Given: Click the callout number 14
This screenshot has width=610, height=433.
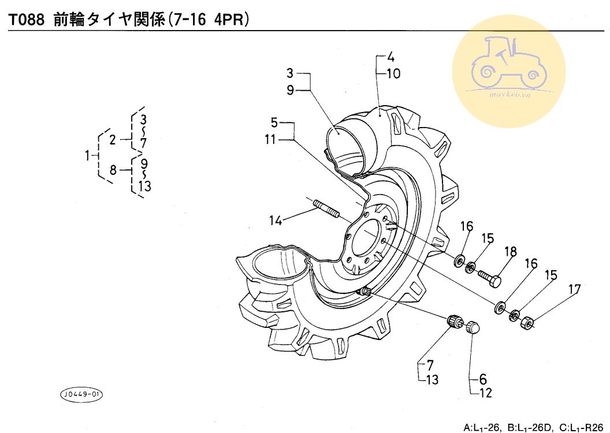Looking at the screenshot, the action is [x=276, y=221].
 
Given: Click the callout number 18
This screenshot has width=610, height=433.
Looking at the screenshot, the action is [x=511, y=252].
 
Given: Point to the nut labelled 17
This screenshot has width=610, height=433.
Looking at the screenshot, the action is [x=526, y=322].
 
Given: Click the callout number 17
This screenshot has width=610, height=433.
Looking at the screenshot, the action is [x=575, y=289].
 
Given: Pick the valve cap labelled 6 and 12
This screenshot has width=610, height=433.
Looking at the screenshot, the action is [x=473, y=327].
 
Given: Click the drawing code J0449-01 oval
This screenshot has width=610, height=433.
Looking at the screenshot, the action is [x=81, y=394].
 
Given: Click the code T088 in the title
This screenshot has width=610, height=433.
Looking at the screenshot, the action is [x=27, y=20].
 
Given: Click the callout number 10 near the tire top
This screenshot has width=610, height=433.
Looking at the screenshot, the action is [x=394, y=73].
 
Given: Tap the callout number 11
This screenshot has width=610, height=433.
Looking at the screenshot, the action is [x=270, y=139].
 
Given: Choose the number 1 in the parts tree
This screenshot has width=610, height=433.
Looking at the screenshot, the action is [x=88, y=156].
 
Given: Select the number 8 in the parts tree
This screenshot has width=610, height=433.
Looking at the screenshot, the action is [x=113, y=170].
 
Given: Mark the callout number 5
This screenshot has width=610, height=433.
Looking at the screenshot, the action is [x=274, y=123].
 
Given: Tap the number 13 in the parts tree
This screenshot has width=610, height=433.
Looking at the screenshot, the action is [x=144, y=186].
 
